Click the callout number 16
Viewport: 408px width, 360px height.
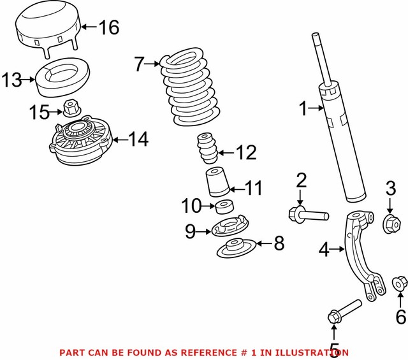[109, 27]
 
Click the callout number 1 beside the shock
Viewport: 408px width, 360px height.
[303, 110]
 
